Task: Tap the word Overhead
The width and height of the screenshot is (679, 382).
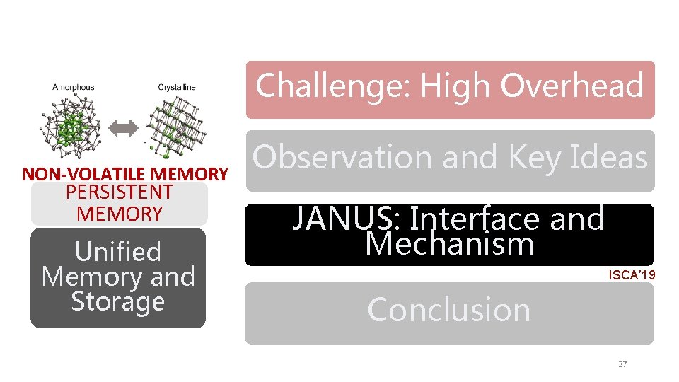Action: [572, 86]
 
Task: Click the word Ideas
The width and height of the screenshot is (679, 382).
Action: [612, 157]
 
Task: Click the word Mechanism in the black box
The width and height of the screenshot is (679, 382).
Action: [449, 244]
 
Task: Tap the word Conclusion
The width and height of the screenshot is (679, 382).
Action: [449, 310]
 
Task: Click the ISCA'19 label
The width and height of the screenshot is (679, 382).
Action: [632, 274]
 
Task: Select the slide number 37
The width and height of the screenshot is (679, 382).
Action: [622, 364]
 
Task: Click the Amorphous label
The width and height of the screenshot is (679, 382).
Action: [73, 88]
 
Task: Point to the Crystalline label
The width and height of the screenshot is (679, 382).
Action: [177, 88]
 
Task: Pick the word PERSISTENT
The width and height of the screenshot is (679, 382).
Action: [119, 192]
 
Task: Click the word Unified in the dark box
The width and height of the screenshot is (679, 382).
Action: [118, 252]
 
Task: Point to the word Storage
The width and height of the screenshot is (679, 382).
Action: [118, 301]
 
